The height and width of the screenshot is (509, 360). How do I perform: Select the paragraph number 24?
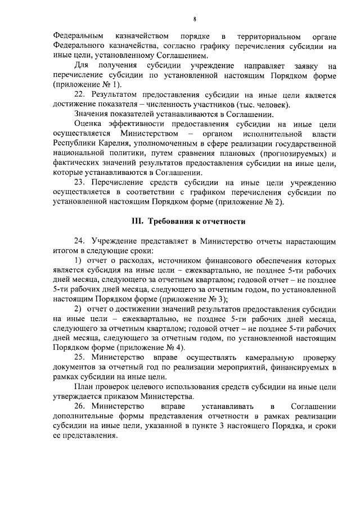[80, 241]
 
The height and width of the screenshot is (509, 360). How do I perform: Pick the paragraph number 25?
[80, 358]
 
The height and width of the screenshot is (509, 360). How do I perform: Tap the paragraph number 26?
[80, 406]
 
